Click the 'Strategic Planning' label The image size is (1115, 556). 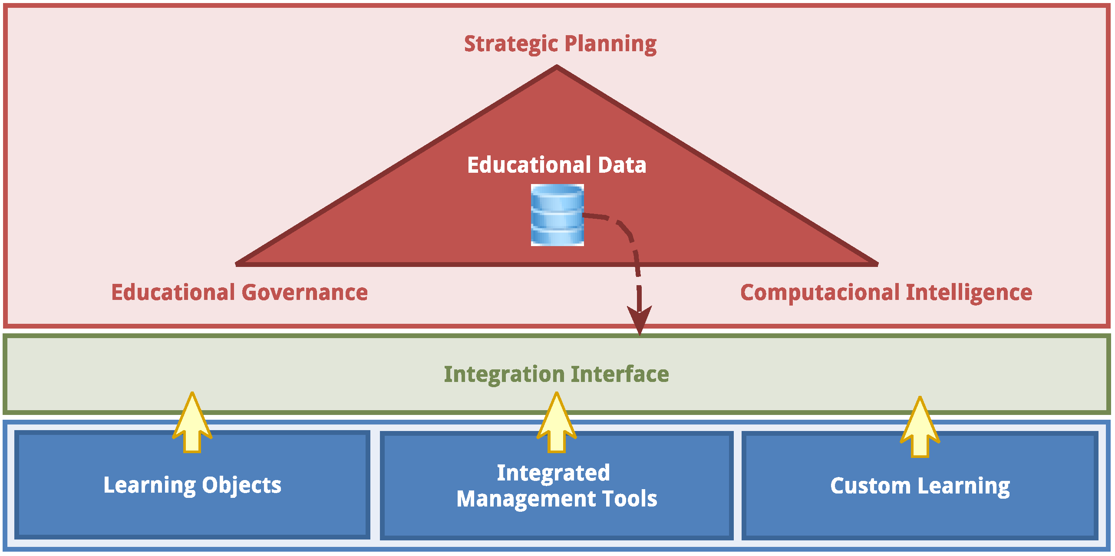click(x=560, y=44)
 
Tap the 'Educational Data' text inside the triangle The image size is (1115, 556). click(x=557, y=165)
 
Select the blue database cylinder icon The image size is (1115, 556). click(x=557, y=215)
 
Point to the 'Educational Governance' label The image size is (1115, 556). click(x=239, y=292)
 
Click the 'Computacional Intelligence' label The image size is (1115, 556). click(x=886, y=292)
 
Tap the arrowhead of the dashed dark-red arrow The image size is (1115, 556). click(x=640, y=319)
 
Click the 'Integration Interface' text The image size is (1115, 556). click(x=556, y=374)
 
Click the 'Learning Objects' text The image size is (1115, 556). click(x=192, y=485)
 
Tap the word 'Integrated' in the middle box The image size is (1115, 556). click(x=553, y=473)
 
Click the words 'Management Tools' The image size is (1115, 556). click(x=557, y=499)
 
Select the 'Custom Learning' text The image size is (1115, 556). click(x=920, y=486)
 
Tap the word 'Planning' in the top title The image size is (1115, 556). click(x=610, y=44)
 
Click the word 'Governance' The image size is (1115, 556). click(x=305, y=292)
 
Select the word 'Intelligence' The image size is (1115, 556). click(x=969, y=292)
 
